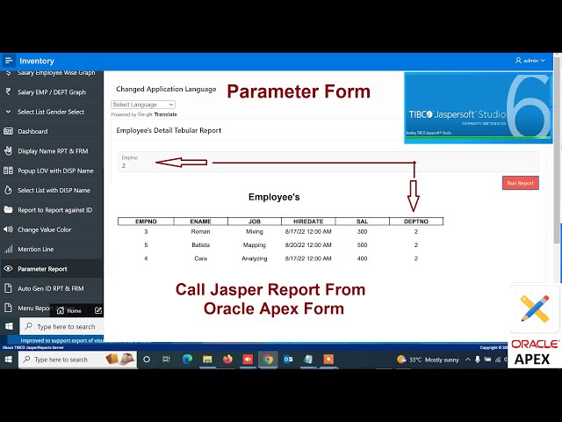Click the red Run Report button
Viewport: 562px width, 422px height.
(x=520, y=183)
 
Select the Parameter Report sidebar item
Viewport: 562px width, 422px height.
(x=42, y=269)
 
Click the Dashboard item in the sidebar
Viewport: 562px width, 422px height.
(x=32, y=131)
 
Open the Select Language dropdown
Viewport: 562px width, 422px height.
(x=142, y=105)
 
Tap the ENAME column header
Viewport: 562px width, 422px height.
(x=200, y=222)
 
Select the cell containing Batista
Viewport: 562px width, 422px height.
(x=200, y=245)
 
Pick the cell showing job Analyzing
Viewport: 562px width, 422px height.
(x=255, y=258)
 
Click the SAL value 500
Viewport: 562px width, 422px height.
(x=362, y=245)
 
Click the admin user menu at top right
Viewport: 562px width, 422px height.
(x=530, y=61)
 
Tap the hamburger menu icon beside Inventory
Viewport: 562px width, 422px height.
(x=9, y=61)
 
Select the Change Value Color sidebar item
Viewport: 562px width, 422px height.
(x=44, y=229)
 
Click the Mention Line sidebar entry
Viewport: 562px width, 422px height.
(x=36, y=249)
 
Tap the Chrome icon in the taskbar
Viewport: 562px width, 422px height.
(x=268, y=359)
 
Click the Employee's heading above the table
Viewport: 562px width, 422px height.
(x=274, y=197)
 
